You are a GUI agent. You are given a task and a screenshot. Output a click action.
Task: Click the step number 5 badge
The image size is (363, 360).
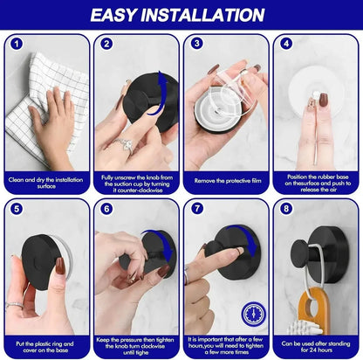click(16, 210)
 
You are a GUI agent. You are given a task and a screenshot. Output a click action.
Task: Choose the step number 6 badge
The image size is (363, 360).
click(106, 210)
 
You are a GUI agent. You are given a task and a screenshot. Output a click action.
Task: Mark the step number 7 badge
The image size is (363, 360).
click(196, 210)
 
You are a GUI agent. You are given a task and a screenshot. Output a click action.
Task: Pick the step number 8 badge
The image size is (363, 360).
click(286, 210)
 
